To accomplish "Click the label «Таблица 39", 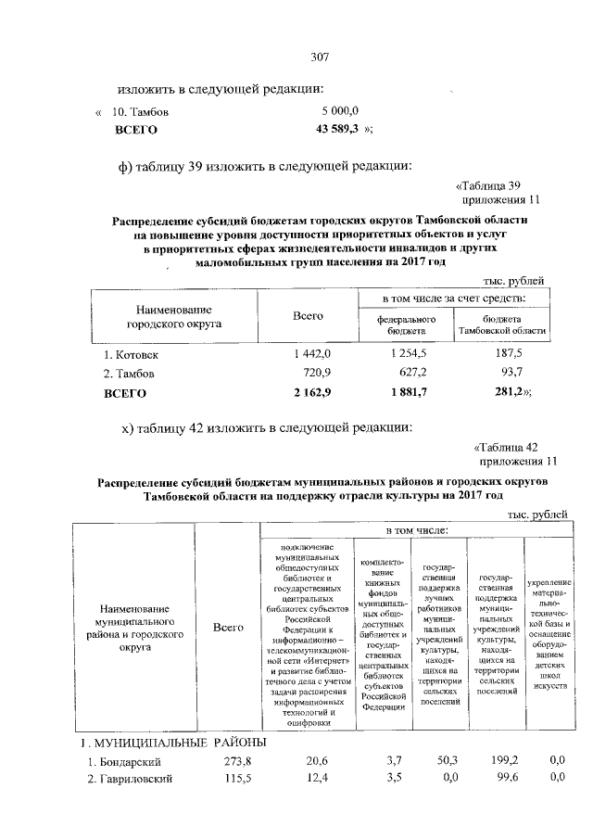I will tap(492, 184).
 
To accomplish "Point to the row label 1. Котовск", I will tap(132, 354).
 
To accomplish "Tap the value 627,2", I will tap(410, 374).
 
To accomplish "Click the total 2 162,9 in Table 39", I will tap(308, 393).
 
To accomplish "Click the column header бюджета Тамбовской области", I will tap(501, 324).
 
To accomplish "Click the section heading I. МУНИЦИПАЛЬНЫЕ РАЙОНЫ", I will tap(172, 743).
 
